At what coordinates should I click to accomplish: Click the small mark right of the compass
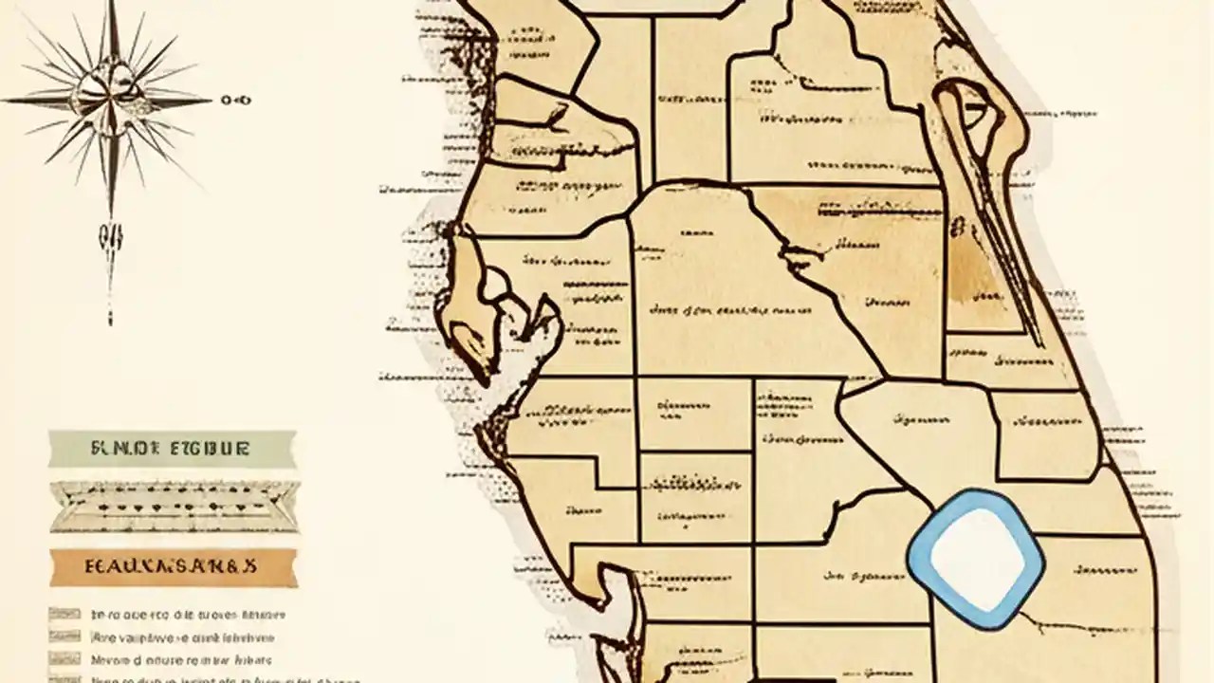coord(235,99)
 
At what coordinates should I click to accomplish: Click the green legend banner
coord(172,448)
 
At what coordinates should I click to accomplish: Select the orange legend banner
coord(174,567)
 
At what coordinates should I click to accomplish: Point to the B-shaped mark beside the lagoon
coord(959,227)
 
